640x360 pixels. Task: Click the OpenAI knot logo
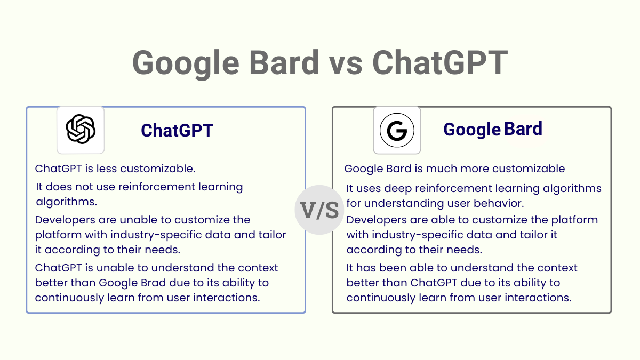point(81,129)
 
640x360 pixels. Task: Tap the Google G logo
point(397,130)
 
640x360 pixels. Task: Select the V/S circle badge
point(319,210)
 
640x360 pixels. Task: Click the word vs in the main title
point(346,63)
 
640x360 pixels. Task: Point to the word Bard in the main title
point(284,62)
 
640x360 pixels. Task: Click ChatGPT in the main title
point(440,63)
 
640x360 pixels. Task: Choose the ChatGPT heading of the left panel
point(177,130)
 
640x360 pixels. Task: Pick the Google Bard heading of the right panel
point(493,129)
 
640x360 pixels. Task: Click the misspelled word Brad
point(153,283)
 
